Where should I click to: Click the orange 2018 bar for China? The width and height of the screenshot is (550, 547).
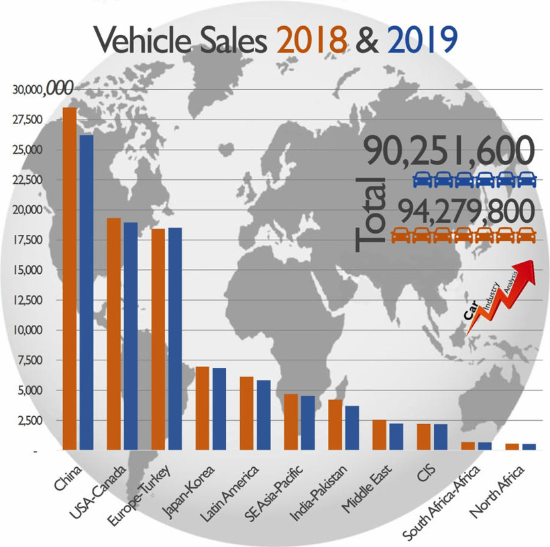point(70,278)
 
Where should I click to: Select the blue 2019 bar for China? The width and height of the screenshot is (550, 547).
point(87,291)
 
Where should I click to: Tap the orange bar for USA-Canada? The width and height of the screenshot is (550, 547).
point(113,333)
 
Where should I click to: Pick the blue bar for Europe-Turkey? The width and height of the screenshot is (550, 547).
point(174,338)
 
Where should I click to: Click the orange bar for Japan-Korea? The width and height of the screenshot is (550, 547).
point(202,407)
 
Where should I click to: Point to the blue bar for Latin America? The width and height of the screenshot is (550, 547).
point(263,414)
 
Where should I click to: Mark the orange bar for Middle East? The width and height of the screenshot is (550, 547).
point(379,434)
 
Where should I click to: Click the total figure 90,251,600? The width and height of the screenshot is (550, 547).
point(450,152)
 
